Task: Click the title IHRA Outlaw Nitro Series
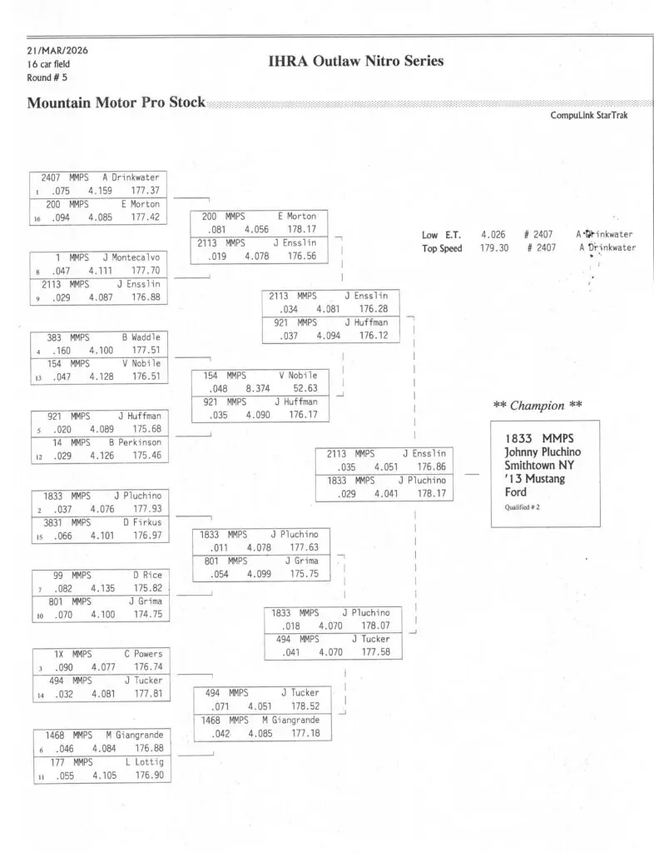pos(356,61)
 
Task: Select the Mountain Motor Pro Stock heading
pos(116,104)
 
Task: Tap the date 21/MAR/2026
pos(57,51)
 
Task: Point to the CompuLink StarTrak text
pos(588,116)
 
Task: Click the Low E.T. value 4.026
pos(492,236)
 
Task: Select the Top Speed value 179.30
pos(493,248)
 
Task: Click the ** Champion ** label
pos(537,406)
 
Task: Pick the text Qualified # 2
pos(522,508)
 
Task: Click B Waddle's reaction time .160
pos(61,351)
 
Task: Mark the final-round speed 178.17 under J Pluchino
pos(433,494)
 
